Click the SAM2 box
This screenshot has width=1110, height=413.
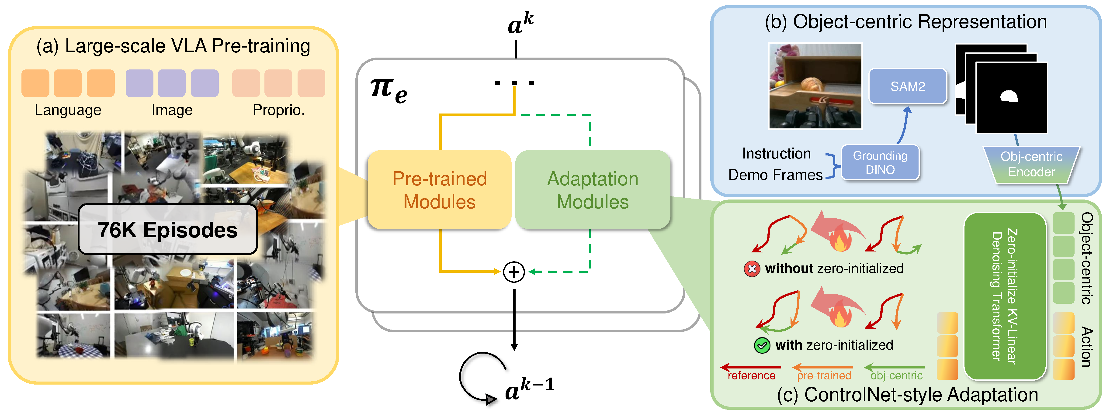point(908,86)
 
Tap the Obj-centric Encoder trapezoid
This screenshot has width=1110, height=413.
point(1031,164)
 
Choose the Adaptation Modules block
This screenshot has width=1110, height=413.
point(593,190)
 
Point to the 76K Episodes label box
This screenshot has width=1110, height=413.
point(168,230)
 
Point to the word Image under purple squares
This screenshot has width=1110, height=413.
point(172,110)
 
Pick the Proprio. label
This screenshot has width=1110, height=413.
point(278,110)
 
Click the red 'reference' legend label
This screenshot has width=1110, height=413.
point(751,375)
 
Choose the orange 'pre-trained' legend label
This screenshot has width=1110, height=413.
point(823,375)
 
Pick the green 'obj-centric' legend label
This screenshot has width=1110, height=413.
point(896,375)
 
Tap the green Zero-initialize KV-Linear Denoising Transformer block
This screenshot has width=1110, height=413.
point(1004,296)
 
